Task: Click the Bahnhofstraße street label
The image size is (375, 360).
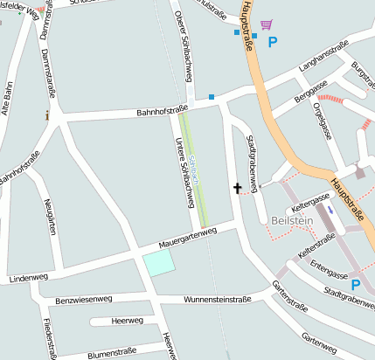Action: pyautogui.click(x=162, y=112)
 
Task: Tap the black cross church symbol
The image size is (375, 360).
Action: pyautogui.click(x=237, y=187)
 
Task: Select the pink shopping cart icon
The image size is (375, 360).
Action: pyautogui.click(x=266, y=24)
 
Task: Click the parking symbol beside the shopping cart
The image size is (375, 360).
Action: pyautogui.click(x=274, y=41)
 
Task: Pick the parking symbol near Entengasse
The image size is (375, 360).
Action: pyautogui.click(x=356, y=284)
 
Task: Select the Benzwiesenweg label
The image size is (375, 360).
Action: pyautogui.click(x=84, y=300)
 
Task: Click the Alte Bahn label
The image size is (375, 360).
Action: pyautogui.click(x=8, y=97)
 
